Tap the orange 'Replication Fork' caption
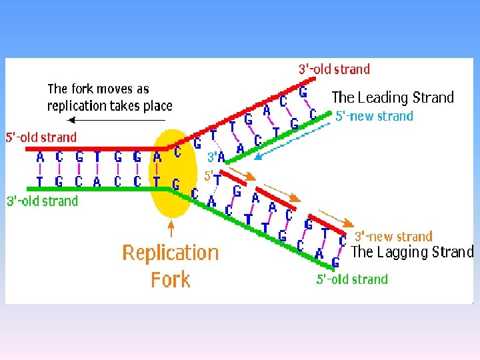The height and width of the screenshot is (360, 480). point(171,265)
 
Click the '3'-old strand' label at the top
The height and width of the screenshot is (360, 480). point(333,69)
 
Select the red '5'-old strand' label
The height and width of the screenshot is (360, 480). point(41,137)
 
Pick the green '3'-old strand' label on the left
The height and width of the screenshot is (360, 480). point(42,201)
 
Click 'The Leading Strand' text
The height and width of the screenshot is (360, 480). point(392,97)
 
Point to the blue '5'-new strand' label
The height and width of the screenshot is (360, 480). point(374,116)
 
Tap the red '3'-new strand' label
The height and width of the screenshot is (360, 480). point(393,236)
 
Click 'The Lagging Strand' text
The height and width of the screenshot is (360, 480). point(411,252)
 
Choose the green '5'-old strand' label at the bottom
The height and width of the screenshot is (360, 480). point(351,279)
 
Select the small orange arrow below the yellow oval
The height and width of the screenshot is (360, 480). point(171,229)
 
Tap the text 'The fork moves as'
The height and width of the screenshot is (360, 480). point(98,89)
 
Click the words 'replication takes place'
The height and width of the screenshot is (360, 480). point(109,105)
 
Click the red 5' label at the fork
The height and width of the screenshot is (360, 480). point(208,176)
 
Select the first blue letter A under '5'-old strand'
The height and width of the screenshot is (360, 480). point(41,157)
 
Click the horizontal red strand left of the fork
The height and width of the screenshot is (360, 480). point(93,149)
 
